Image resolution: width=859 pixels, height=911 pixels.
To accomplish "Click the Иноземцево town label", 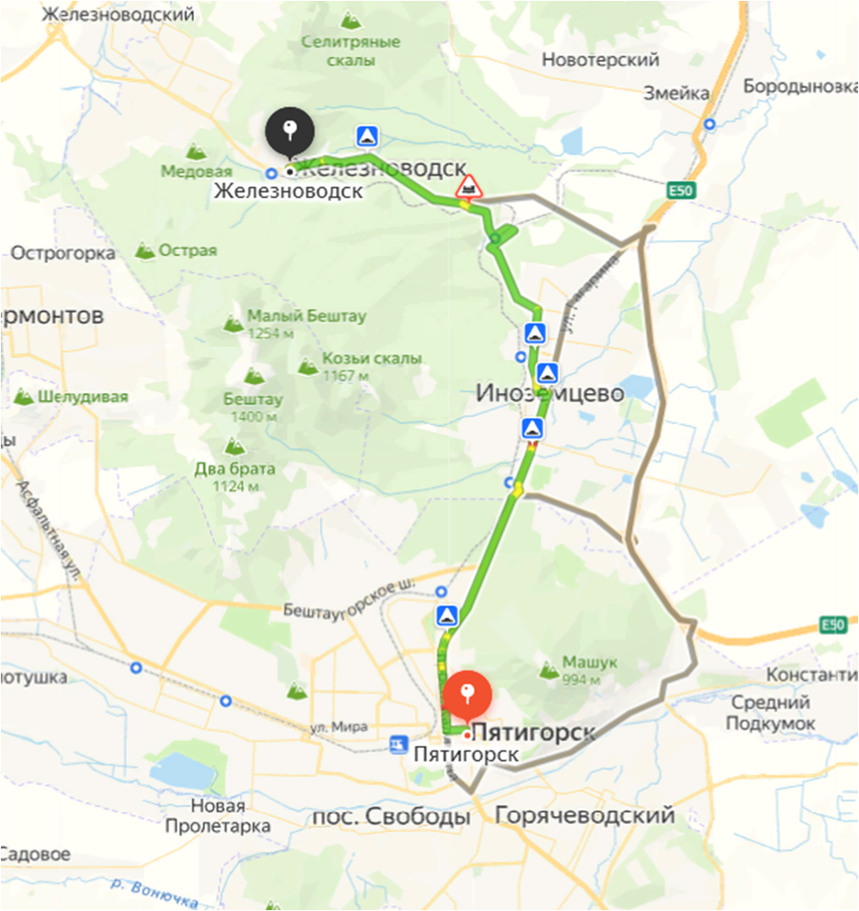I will coord(549,392).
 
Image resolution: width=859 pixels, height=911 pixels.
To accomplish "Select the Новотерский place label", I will coord(601,60).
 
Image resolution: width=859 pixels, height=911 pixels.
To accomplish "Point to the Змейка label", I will coord(676,93).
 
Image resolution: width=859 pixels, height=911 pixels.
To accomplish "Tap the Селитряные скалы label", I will coord(350,51).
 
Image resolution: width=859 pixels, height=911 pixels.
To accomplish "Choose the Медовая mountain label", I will coord(196,171).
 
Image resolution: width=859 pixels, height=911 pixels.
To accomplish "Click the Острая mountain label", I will coord(187,250).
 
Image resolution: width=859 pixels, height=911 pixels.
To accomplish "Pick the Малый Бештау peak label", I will coord(306,316).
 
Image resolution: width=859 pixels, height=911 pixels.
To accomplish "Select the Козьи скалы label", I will coord(371,359).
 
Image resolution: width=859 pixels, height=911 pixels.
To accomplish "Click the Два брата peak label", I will coord(235,468).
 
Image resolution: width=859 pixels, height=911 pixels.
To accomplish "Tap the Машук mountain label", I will coord(589,662).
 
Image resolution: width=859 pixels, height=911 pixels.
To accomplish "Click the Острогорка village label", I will coord(63,253).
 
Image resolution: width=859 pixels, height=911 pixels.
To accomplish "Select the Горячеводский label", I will coord(585,816).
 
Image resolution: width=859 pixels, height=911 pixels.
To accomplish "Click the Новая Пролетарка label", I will coord(217,817).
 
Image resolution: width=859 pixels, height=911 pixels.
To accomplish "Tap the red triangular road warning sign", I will coord(467,187).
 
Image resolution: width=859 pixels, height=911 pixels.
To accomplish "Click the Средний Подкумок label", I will coord(770,713).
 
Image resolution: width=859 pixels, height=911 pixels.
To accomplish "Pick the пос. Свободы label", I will coord(390,817).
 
